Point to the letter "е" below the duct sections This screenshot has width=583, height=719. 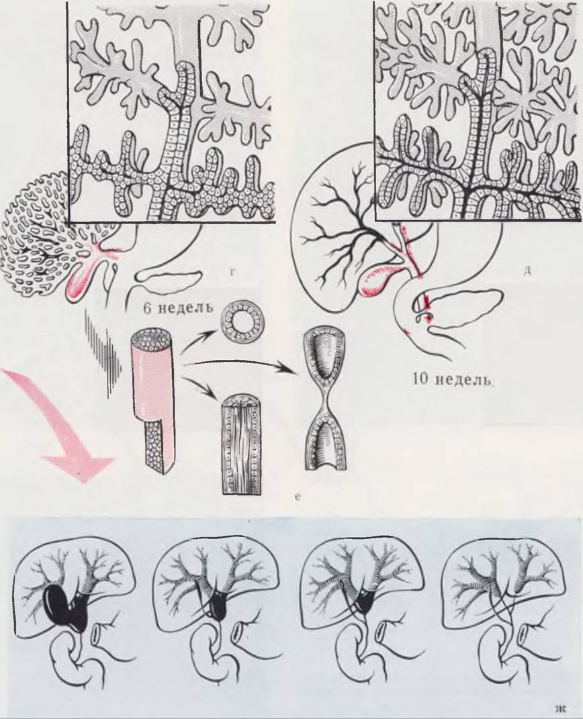[298, 496]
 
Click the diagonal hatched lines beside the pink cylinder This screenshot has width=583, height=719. [105, 348]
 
